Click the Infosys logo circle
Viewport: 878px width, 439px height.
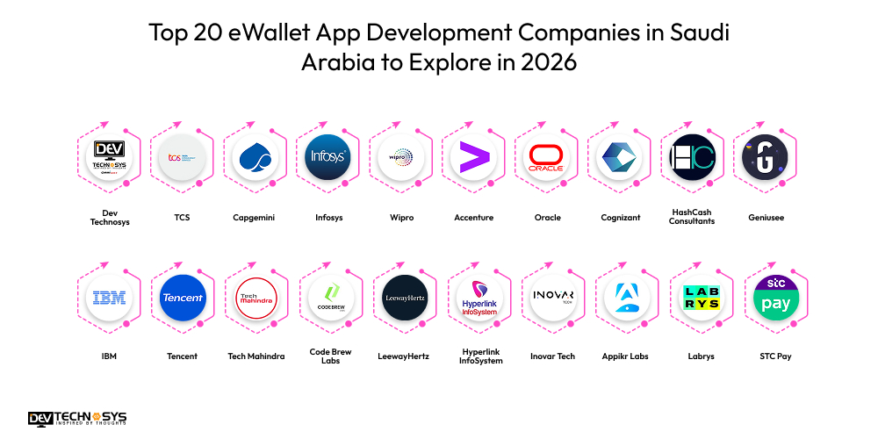coord(328,157)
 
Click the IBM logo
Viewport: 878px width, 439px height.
coord(110,298)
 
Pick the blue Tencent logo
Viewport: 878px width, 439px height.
coord(183,298)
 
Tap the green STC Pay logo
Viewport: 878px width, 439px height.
coord(776,298)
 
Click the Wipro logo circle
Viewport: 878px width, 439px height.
coord(401,157)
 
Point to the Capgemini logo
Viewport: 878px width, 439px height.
coord(255,157)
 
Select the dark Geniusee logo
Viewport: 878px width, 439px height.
coord(764,157)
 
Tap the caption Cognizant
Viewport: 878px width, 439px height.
coord(620,217)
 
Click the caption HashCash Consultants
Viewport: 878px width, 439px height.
coord(692,217)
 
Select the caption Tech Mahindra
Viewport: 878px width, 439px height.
coord(255,356)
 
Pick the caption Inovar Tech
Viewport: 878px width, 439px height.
coord(552,356)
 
